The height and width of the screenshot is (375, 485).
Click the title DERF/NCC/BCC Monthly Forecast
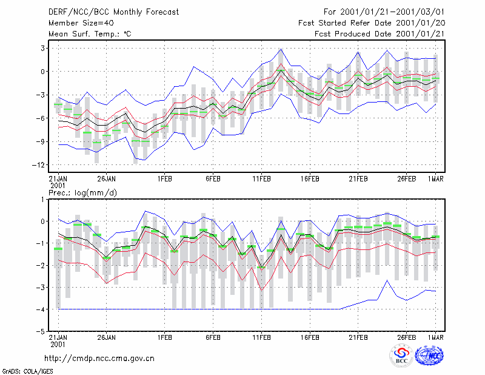113,12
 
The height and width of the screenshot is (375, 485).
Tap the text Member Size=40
81,23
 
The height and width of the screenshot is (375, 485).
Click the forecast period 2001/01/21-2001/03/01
392,12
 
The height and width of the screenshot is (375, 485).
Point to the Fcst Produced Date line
380,34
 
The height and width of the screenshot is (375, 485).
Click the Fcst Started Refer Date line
372,23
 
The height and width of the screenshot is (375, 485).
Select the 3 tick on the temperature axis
42,49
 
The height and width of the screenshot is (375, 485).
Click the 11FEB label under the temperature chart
261,179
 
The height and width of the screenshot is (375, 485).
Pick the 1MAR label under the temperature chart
435,179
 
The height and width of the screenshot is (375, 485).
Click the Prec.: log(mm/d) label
82,193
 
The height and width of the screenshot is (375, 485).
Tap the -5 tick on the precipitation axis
41,331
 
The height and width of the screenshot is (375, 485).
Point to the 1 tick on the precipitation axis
42,200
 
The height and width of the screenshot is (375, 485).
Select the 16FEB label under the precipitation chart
310,337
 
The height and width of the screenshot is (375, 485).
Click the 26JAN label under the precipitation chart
107,337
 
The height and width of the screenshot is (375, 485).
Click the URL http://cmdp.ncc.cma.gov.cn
99,359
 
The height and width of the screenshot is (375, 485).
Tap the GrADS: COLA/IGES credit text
27,371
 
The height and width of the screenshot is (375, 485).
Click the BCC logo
401,356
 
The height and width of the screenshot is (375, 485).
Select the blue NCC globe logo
429,356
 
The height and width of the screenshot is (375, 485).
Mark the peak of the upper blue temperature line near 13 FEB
281,49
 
